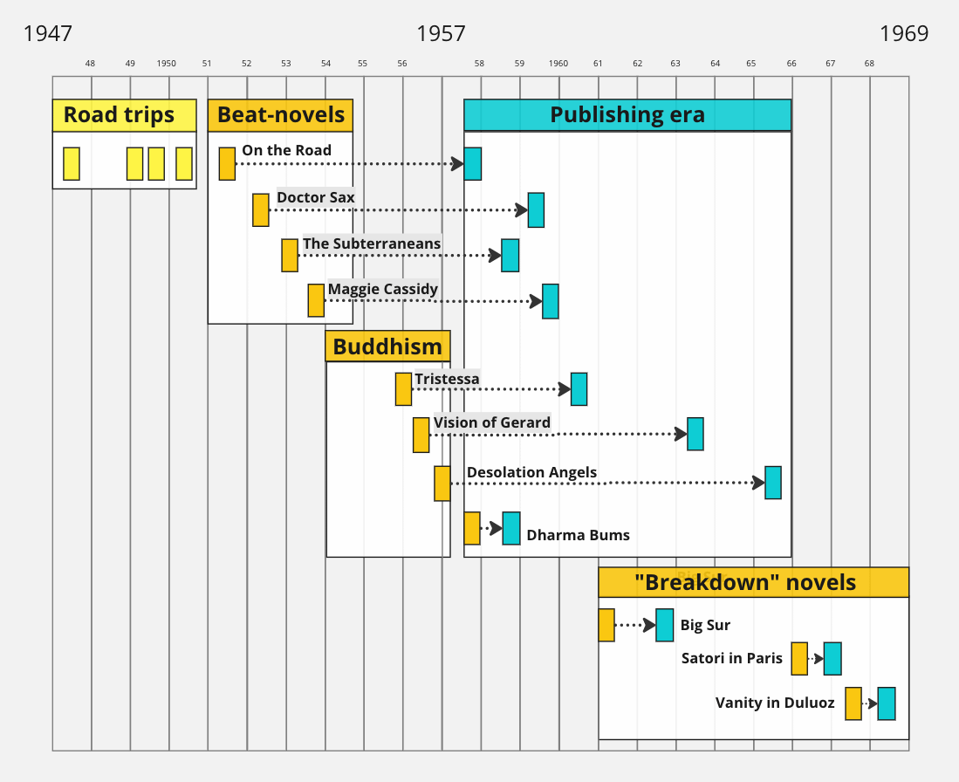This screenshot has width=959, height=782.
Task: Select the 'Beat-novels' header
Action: tap(280, 115)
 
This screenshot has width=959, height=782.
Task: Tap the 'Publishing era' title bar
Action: tap(627, 115)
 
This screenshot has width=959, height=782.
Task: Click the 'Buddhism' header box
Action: tap(387, 346)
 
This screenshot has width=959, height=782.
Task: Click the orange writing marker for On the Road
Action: tap(227, 164)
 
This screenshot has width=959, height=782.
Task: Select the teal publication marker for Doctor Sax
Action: tap(536, 210)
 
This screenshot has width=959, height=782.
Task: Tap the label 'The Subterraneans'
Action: tap(372, 244)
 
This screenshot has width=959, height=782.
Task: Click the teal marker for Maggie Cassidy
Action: tap(551, 301)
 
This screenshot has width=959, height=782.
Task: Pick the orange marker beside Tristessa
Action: tap(403, 389)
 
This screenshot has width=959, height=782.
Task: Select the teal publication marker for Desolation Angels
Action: tap(773, 483)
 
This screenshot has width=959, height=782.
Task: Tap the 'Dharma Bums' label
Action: tap(578, 535)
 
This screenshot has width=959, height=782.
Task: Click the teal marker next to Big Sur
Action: tap(665, 625)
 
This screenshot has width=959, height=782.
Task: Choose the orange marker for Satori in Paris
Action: tap(799, 659)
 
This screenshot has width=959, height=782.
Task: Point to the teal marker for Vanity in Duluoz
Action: tap(887, 703)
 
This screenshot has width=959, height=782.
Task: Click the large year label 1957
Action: tap(441, 34)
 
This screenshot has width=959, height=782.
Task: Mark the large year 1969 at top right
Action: tap(904, 34)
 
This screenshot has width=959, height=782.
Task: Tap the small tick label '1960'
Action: tap(558, 64)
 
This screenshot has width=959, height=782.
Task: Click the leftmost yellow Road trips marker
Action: tap(72, 164)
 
